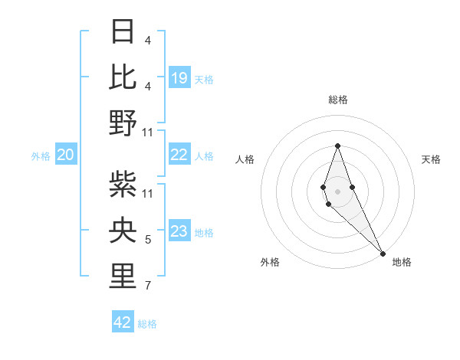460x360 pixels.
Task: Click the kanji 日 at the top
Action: [x=123, y=32]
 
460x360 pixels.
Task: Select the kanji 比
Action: [x=123, y=77]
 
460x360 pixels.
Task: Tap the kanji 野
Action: [x=123, y=123]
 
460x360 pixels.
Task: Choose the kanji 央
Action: [x=123, y=231]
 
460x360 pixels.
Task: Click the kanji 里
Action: [x=123, y=277]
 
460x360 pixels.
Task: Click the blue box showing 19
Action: [x=179, y=77]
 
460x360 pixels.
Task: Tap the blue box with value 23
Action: [x=179, y=232]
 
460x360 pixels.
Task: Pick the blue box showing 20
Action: [x=65, y=155]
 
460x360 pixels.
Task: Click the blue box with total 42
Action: [x=123, y=322]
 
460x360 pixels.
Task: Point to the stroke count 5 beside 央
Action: [x=147, y=240]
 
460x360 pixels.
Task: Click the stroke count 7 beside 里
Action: [x=147, y=286]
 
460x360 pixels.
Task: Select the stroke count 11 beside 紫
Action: [x=148, y=194]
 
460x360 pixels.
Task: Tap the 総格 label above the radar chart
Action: [x=337, y=100]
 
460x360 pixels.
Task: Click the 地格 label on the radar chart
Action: [x=402, y=262]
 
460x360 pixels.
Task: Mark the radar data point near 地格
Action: [x=382, y=253]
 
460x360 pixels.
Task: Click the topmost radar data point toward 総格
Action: [x=337, y=146]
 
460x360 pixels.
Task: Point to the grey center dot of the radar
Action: [x=337, y=191]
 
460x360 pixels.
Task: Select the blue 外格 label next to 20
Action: [x=41, y=156]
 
